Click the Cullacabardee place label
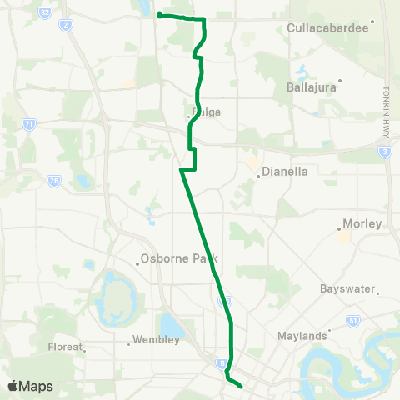[x=327, y=27]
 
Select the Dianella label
[x=285, y=173]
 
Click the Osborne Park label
[x=174, y=258]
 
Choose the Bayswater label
[x=349, y=289]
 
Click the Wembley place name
[x=157, y=340]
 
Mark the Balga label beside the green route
[x=206, y=112]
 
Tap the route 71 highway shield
[x=29, y=124]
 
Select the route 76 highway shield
[x=53, y=180]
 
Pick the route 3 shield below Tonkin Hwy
[x=384, y=152]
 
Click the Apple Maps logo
[x=30, y=386]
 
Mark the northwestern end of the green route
[x=159, y=16]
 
